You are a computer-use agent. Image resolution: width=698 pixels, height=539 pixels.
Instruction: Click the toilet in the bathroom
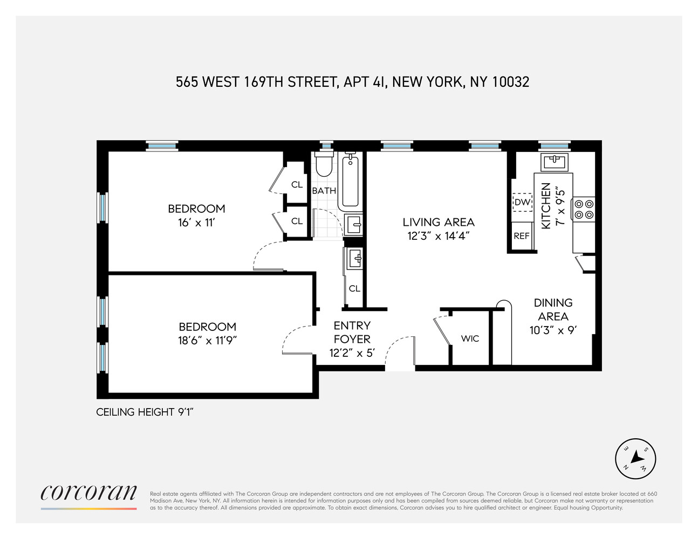coord(324,165)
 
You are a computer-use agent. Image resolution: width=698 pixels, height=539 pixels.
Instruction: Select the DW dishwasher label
coord(522,203)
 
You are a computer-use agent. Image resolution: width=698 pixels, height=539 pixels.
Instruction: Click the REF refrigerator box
coord(522,236)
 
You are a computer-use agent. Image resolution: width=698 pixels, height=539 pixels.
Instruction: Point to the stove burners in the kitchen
coord(584,209)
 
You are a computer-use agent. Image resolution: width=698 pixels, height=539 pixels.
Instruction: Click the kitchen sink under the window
coord(553,161)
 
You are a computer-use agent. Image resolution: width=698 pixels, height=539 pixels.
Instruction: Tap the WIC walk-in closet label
coord(470,338)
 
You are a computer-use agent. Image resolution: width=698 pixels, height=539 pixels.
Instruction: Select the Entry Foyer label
coord(352,332)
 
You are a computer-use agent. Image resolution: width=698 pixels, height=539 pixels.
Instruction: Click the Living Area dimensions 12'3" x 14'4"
coord(439,236)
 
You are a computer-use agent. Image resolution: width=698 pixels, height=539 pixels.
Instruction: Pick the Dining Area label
coord(553,309)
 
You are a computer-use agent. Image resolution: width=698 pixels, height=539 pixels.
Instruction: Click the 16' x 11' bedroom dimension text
coord(196,222)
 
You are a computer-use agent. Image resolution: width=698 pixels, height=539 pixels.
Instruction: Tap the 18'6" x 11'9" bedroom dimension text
coord(208,340)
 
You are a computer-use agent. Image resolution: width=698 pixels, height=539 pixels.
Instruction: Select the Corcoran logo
coord(89,493)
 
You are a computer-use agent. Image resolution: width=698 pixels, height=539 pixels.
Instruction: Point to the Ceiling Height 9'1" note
coord(145,412)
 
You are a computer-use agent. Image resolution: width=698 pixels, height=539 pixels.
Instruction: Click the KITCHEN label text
coord(546,205)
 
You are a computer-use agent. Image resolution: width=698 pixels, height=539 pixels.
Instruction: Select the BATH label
coord(324,191)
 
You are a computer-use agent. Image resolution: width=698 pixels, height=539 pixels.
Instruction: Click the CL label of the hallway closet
coord(354,288)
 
